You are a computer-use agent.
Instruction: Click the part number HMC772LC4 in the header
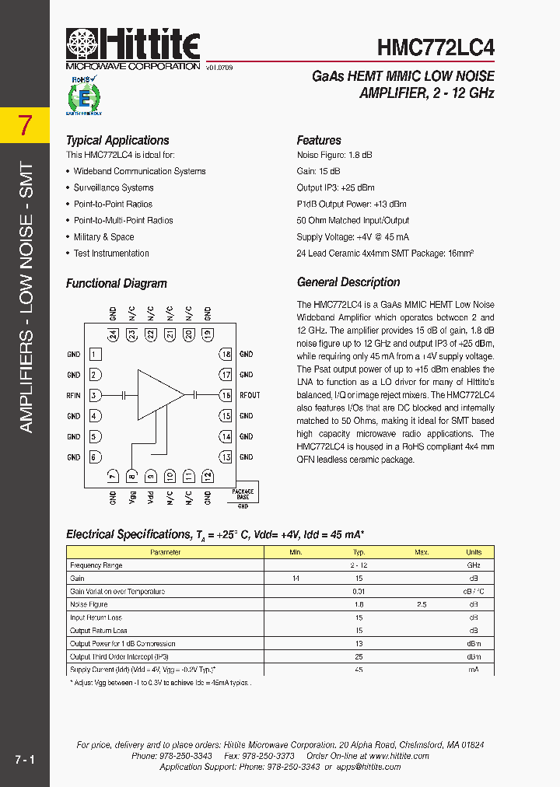(436, 47)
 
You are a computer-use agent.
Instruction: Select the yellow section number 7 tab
(25, 125)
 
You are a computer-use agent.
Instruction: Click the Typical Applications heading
(117, 141)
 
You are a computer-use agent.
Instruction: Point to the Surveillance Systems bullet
(114, 187)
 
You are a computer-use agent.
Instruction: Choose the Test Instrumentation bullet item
(111, 254)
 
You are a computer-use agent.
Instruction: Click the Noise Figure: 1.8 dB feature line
(334, 155)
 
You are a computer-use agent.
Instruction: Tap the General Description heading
(348, 282)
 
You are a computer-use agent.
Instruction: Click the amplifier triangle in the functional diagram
(159, 395)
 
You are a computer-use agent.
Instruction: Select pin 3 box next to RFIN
(94, 395)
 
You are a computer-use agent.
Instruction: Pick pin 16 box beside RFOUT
(226, 395)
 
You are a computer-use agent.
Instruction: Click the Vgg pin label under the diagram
(132, 498)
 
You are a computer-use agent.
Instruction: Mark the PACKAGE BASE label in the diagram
(243, 495)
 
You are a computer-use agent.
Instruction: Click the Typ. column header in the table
(359, 552)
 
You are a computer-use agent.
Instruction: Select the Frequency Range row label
(96, 565)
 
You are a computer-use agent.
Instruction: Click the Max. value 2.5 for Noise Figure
(422, 604)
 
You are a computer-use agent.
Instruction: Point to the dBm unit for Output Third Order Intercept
(473, 656)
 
